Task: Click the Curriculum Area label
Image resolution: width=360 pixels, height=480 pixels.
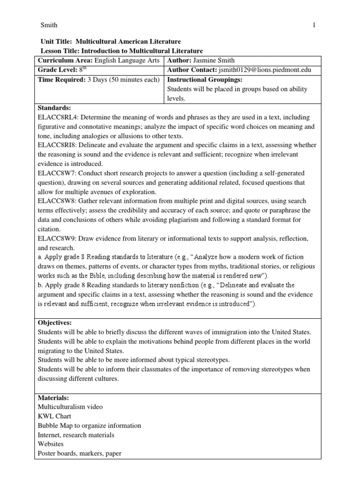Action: [65, 60]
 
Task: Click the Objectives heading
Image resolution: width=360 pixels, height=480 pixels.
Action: [54, 323]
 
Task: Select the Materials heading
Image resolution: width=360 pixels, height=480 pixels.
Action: [53, 398]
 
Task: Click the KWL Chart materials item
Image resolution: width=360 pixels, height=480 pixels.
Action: [53, 416]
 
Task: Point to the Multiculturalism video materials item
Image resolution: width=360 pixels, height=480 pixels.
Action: [70, 407]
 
